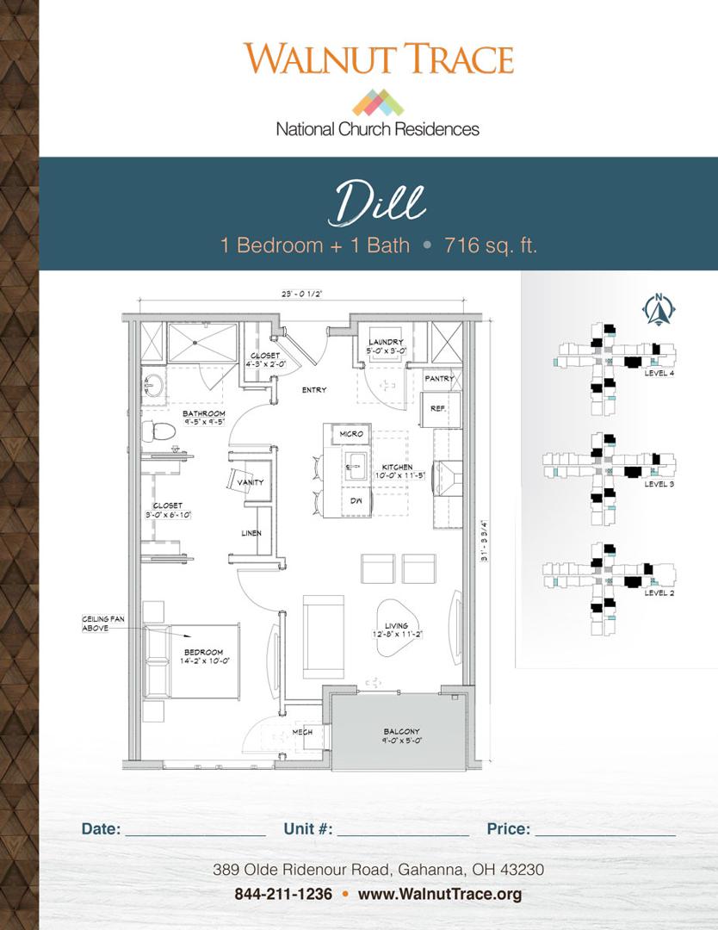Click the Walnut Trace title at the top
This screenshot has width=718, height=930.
pos(378,59)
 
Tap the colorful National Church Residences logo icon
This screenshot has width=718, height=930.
pos(378,102)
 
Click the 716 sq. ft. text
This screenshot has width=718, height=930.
pos(491,245)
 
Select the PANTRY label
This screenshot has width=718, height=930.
pos(439,378)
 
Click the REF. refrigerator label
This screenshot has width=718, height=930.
pos(437,409)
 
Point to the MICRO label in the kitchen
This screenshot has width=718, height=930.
pos(351,434)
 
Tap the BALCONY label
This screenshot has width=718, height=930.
pos(402,732)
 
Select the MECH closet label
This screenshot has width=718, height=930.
pos(301,732)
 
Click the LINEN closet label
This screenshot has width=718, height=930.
pos(251,534)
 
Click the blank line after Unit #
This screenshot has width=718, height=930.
pos(403,830)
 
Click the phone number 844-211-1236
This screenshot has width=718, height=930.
pos(283,894)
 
